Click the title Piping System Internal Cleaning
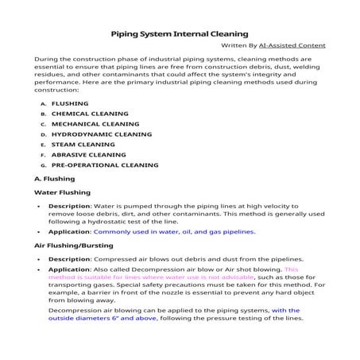tap(179, 33)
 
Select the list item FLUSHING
tap(70, 103)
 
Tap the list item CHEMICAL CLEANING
tap(90, 114)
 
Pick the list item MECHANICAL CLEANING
tap(95, 124)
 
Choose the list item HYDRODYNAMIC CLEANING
tap(101, 134)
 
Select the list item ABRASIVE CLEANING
tap(88, 155)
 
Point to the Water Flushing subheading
tap(63, 192)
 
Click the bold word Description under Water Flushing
tap(69, 206)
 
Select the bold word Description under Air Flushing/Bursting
tap(69, 259)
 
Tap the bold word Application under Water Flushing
tap(69, 232)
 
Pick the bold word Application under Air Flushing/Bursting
tap(69, 269)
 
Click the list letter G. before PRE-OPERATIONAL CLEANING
tap(43, 165)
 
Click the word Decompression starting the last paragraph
tap(77, 310)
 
